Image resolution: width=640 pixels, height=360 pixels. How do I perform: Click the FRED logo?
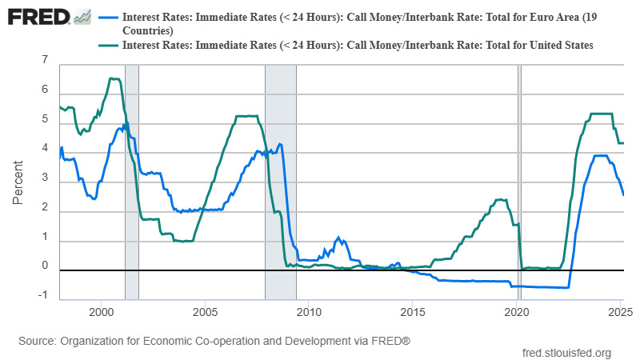37,16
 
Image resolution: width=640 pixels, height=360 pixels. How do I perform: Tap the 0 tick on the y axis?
45,266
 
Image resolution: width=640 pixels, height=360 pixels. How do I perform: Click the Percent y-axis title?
18,182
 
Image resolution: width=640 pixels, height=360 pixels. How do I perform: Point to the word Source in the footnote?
38,341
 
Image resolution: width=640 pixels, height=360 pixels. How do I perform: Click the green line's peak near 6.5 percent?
114,78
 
